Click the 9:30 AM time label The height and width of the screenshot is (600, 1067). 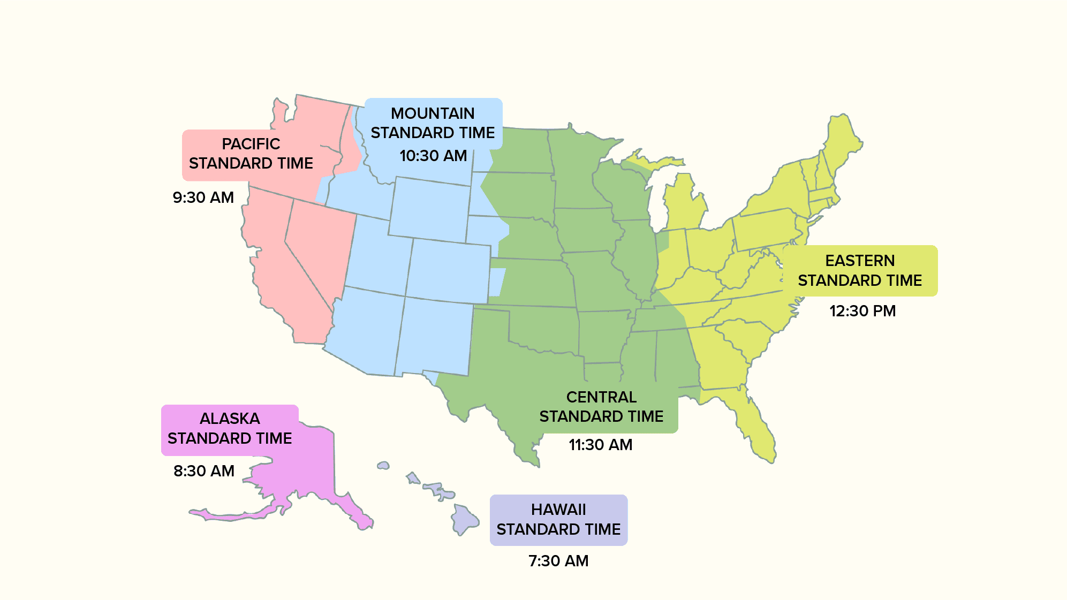pyautogui.click(x=203, y=198)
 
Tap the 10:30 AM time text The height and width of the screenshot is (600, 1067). pyautogui.click(x=433, y=156)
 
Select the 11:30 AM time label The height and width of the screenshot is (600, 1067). pyautogui.click(x=600, y=445)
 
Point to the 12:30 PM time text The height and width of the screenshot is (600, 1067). pyautogui.click(x=862, y=311)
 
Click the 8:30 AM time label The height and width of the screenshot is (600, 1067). pyautogui.click(x=203, y=471)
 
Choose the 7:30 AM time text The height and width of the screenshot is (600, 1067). pyautogui.click(x=558, y=561)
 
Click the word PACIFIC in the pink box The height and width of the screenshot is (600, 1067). pyautogui.click(x=251, y=144)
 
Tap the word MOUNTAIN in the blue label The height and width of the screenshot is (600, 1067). pyautogui.click(x=433, y=113)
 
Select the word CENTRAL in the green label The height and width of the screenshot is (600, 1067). pyautogui.click(x=601, y=397)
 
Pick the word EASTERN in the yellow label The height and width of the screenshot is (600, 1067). pyautogui.click(x=859, y=261)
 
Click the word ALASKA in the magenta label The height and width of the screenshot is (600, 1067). pyautogui.click(x=230, y=419)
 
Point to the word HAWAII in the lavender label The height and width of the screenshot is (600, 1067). pyautogui.click(x=558, y=510)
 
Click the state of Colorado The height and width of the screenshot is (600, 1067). pyautogui.click(x=449, y=270)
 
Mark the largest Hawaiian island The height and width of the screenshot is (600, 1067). pyautogui.click(x=464, y=519)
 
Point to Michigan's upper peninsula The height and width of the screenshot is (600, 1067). pyautogui.click(x=650, y=161)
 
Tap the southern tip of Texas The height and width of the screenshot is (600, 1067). pyautogui.click(x=533, y=460)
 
